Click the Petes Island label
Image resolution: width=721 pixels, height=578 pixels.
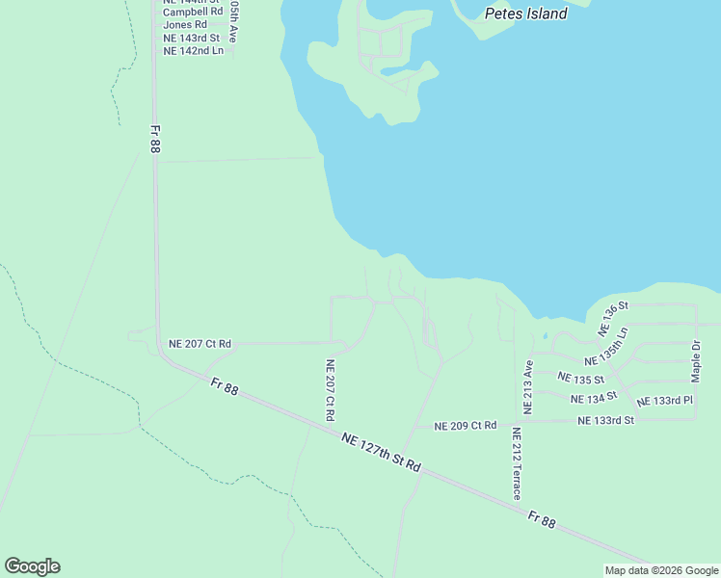coord(525,14)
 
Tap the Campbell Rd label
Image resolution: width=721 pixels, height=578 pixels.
coord(193,13)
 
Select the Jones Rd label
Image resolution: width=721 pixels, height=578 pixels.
coord(185,25)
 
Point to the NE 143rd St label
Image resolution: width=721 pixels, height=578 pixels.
coord(192,38)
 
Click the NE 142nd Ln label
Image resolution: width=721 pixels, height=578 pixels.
coord(193,50)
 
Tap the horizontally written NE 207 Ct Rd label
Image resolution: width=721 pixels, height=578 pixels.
coord(200,343)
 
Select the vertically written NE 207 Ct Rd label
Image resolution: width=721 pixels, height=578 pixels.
coord(330,390)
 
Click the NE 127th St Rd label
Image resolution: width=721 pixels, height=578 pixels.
coord(382,452)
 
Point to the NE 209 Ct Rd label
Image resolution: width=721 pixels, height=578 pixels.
coord(465,426)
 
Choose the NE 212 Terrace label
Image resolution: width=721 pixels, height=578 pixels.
coord(517,463)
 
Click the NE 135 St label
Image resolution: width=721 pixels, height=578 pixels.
coord(580,379)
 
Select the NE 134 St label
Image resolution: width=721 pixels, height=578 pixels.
coord(593,398)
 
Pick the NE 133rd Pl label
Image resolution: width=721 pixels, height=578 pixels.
coord(664,401)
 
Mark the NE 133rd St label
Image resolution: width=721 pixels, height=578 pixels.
coord(605,420)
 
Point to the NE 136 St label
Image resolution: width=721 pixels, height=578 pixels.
coord(613,318)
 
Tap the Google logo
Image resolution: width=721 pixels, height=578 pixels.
coord(32,566)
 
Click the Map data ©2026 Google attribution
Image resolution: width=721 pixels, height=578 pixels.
coord(661,570)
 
